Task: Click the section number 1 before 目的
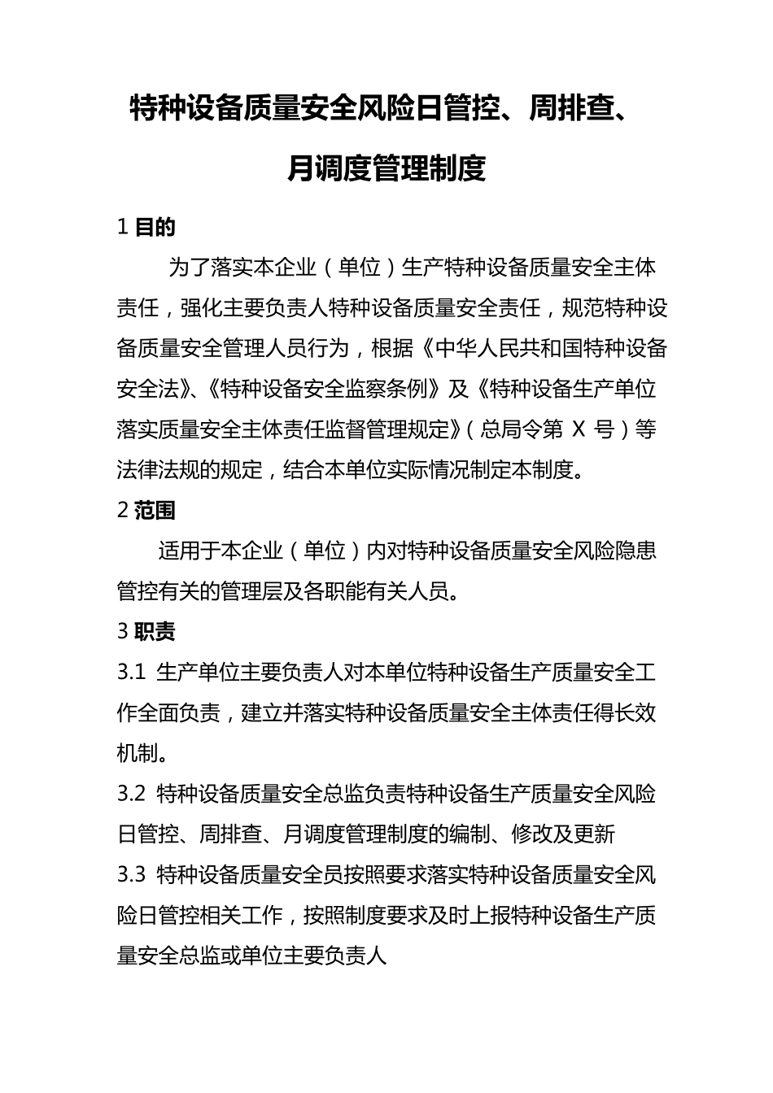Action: tap(123, 227)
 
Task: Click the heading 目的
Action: tap(155, 227)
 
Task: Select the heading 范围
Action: tap(155, 510)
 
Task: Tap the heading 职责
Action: tap(155, 631)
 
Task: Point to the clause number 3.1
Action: tap(131, 673)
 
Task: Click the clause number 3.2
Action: tap(131, 794)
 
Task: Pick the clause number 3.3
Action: tap(131, 875)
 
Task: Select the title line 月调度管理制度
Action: tap(386, 169)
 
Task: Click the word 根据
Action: tap(392, 349)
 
